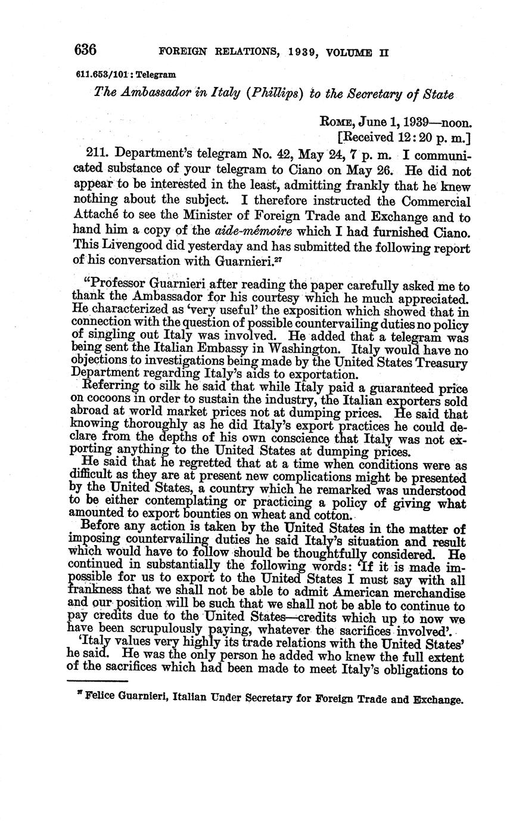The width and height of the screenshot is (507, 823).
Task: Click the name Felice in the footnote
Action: [101, 699]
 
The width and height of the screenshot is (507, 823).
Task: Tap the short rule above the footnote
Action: [98, 681]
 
